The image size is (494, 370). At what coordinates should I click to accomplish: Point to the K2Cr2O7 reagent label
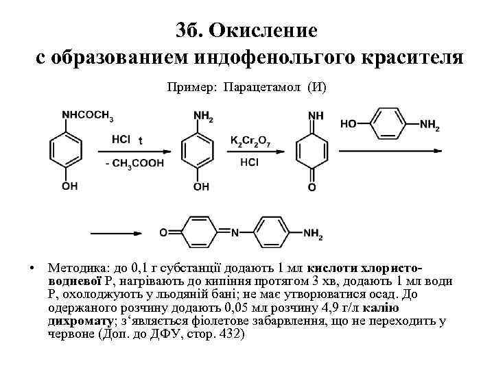pos(250,140)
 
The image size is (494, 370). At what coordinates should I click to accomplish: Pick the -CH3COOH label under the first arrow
pos(135,162)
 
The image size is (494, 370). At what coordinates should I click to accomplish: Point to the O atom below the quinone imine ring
pos(312,186)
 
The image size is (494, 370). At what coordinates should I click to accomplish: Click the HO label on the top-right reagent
pos(349,124)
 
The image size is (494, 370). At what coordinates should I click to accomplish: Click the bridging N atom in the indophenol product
pos(234,233)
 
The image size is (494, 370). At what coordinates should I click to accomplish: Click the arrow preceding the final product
pos(121,233)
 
